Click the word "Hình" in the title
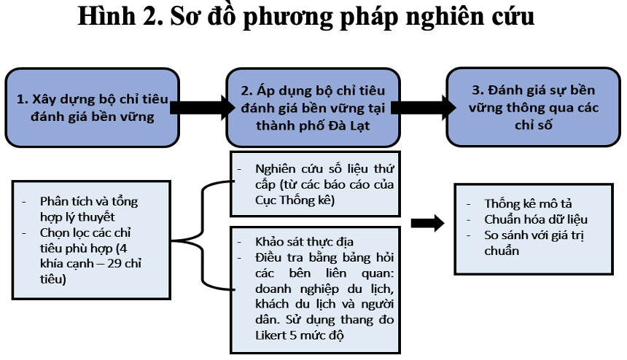pyautogui.click(x=106, y=16)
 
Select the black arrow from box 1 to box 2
pyautogui.click(x=203, y=107)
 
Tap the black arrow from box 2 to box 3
pyautogui.click(x=424, y=107)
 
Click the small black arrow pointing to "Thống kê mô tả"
pyautogui.click(x=427, y=223)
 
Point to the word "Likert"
pyautogui.click(x=270, y=334)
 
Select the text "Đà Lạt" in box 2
pyautogui.click(x=349, y=125)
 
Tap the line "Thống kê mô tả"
pyautogui.click(x=528, y=204)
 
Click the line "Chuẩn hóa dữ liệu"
pyautogui.click(x=536, y=219)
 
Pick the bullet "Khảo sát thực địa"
pyautogui.click(x=304, y=242)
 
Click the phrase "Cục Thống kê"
pyautogui.click(x=295, y=200)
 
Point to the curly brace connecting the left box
pyautogui.click(x=203, y=235)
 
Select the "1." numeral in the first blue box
pyautogui.click(x=22, y=99)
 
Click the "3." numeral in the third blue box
pyautogui.click(x=478, y=90)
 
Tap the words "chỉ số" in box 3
pyautogui.click(x=534, y=125)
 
